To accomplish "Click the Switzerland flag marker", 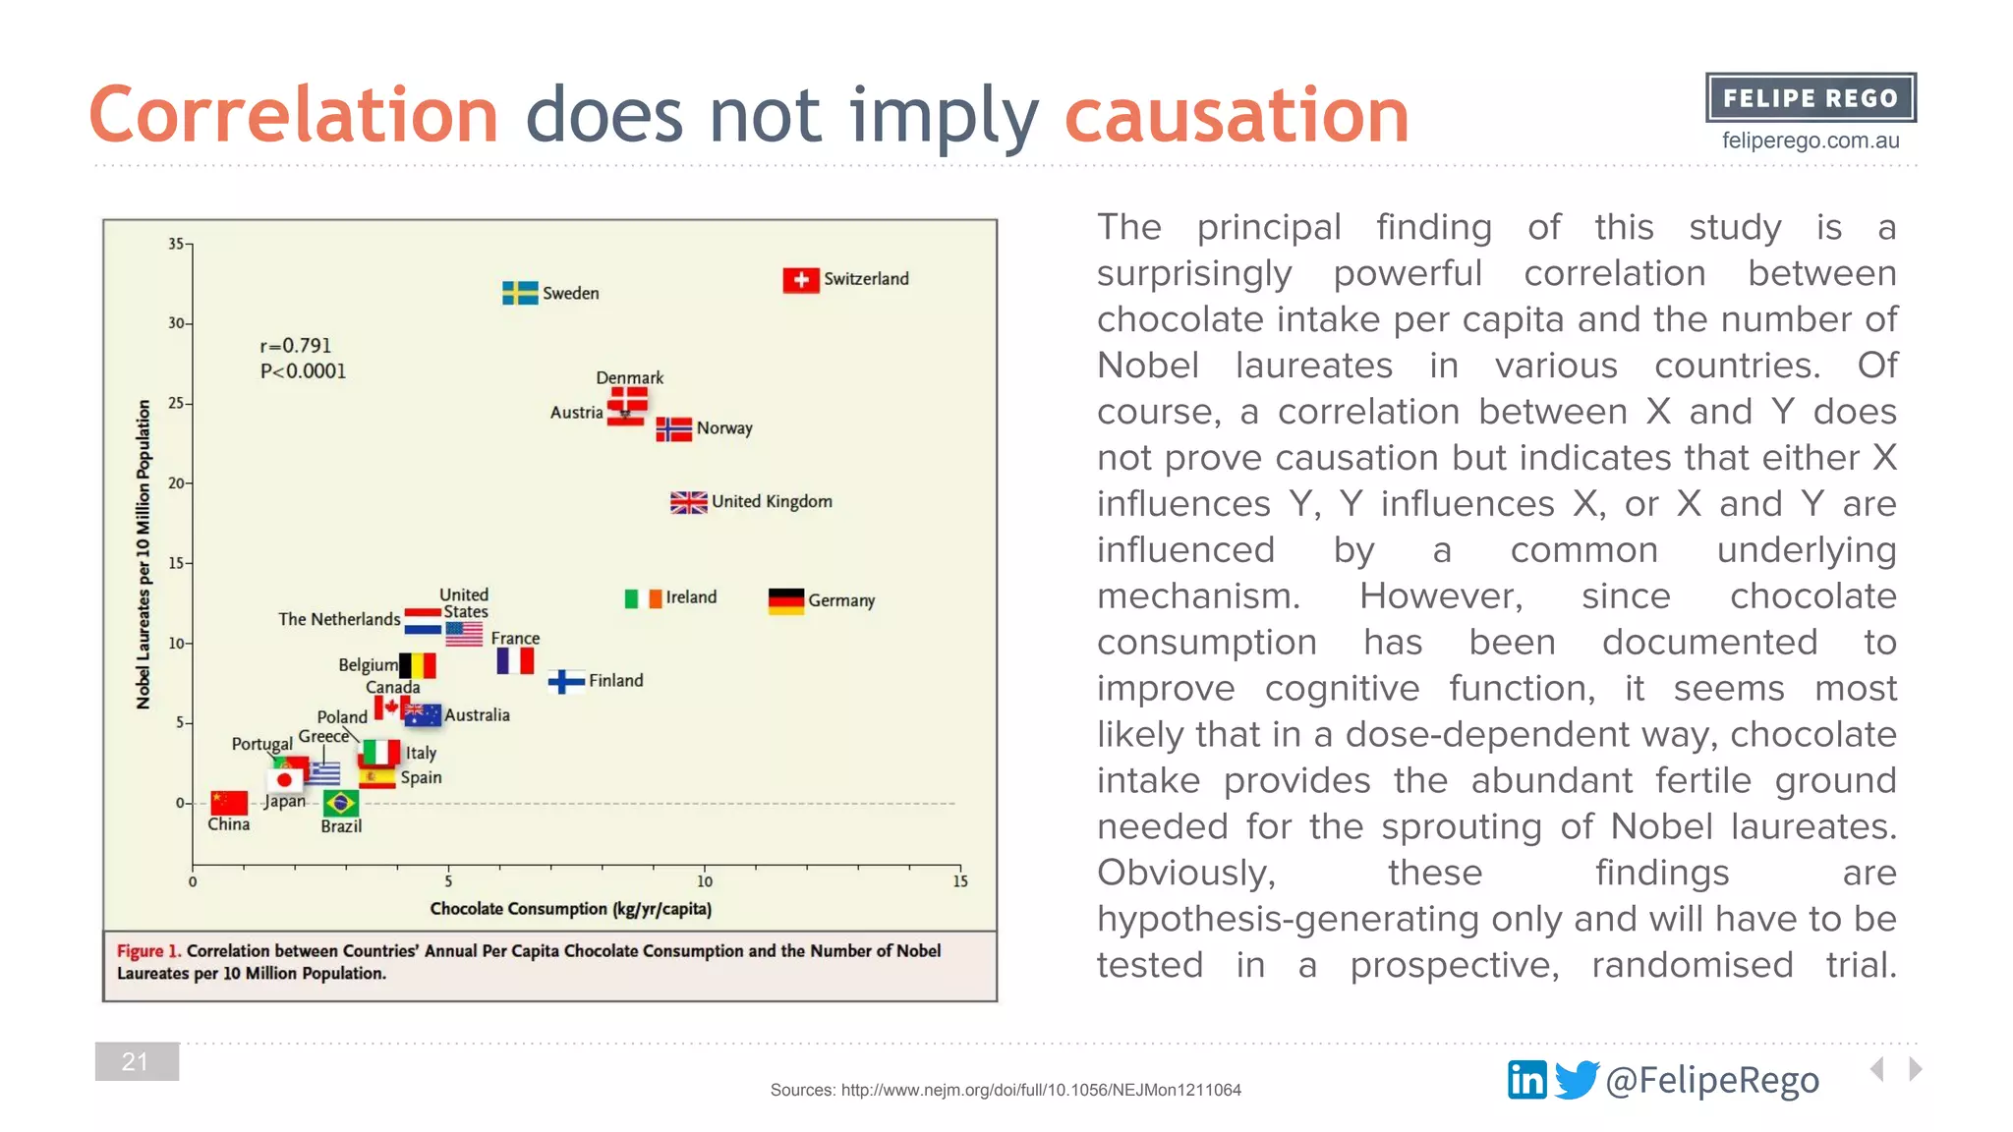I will (x=801, y=280).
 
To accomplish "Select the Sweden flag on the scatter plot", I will (x=520, y=293).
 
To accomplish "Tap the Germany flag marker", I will (x=786, y=600).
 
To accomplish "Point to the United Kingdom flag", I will (x=689, y=502).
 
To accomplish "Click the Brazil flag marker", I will (x=341, y=804).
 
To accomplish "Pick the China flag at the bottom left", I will (x=229, y=802).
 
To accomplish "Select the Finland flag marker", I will (x=567, y=681).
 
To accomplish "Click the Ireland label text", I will (x=691, y=597).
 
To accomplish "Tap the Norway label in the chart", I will (x=724, y=428).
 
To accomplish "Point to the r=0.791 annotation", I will (x=296, y=346).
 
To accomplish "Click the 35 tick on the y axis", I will (x=176, y=244).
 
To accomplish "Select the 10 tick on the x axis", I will (x=705, y=881).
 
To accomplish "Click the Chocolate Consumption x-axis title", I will (x=570, y=909).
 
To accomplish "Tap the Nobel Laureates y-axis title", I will (x=144, y=554).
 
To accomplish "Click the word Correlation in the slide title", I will (x=294, y=115).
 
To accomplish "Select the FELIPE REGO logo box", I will (x=1811, y=98).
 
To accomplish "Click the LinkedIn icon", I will (x=1526, y=1080).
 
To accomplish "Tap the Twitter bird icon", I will (x=1577, y=1080).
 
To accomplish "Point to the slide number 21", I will (x=137, y=1061).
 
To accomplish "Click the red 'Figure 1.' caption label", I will (x=148, y=951).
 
